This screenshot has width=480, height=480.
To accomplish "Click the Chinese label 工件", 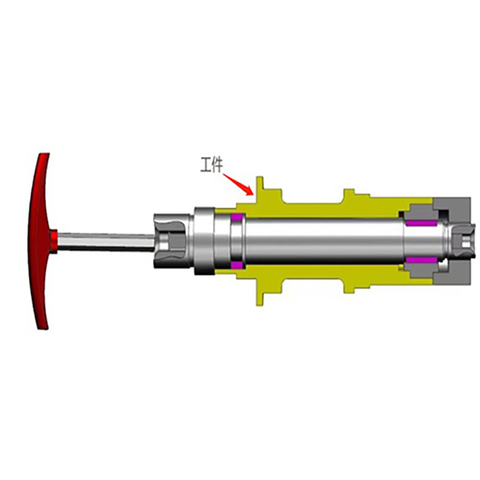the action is [x=212, y=164].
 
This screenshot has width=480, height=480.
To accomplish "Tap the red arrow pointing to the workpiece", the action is [x=238, y=184].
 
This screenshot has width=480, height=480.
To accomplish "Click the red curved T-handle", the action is [x=39, y=241].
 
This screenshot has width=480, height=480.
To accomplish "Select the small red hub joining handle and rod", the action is [x=54, y=241].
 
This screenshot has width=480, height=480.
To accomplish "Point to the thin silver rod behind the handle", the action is [x=106, y=242].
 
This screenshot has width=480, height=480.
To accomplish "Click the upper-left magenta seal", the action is [x=237, y=218].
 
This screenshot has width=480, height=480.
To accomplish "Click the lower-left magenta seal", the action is [x=237, y=265].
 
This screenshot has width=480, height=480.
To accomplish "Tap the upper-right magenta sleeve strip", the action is [x=421, y=223].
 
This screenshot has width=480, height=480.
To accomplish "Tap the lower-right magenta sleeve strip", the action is [x=421, y=260].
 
